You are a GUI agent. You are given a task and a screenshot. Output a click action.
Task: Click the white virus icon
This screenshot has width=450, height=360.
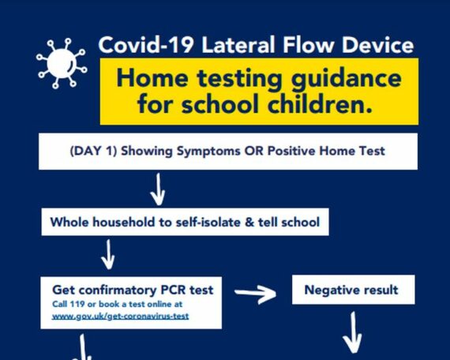coord(62,63)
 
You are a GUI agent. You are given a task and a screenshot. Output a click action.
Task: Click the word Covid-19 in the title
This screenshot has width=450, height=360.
coord(145,45)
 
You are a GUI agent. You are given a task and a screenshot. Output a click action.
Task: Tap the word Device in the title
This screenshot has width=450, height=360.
coord(377,45)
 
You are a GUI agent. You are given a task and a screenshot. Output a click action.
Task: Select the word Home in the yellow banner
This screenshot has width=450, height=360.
coord(152,78)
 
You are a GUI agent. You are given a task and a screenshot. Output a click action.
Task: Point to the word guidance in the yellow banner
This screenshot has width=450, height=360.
coord(346,80)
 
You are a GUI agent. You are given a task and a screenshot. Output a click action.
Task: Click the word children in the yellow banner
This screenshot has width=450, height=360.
coord(320,103)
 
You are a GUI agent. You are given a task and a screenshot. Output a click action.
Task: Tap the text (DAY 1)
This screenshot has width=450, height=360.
coord(94,151)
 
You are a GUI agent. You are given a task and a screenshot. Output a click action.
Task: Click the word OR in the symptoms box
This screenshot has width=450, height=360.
coord(253,151)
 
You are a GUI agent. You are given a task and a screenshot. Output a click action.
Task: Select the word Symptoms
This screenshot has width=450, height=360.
coord(208,152)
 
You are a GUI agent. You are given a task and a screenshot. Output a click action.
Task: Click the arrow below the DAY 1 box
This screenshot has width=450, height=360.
coord(158,189)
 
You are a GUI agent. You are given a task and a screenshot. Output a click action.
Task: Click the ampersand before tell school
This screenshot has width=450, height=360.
coord(249,223)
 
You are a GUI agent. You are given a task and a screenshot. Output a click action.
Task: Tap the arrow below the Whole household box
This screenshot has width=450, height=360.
coord(108,255)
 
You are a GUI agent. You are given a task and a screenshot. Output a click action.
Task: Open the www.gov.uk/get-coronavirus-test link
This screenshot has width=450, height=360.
coord(121,317)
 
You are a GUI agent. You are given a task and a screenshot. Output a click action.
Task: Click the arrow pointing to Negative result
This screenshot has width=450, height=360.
coord(256,294)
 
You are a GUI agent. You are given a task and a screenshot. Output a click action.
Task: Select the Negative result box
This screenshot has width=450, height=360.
coord(353,290)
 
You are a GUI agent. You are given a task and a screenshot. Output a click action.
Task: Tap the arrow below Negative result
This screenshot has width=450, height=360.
coord(352,332)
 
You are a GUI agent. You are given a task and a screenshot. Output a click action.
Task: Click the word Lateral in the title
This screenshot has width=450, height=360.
coord(238,45)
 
